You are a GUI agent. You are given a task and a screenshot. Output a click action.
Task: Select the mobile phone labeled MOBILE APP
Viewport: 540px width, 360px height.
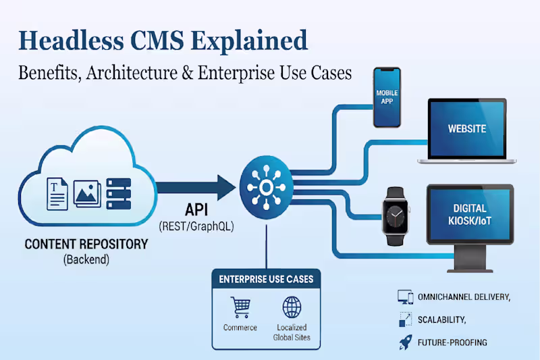387,96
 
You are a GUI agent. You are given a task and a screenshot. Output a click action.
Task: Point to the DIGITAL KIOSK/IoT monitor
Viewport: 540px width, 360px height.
470,214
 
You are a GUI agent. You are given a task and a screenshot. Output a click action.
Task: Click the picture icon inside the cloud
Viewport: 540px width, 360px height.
88,195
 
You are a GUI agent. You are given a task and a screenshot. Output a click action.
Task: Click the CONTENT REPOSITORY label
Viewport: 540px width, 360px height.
86,244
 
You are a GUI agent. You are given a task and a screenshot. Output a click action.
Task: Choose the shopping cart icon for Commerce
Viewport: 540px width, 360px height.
240,307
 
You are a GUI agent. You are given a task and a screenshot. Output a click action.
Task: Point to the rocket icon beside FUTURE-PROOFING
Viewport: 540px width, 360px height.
405,342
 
